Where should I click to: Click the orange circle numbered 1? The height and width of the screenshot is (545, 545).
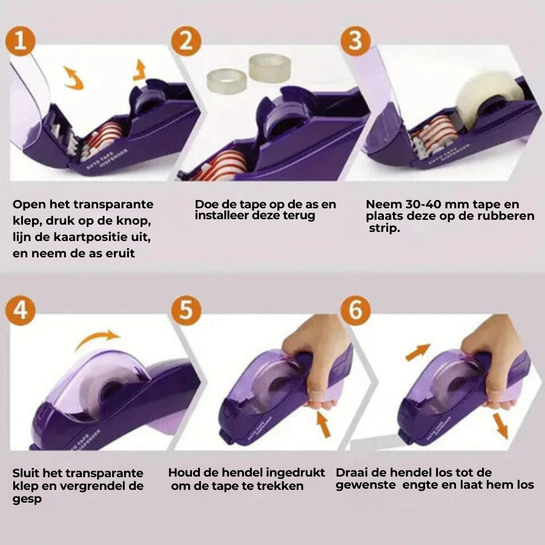21,41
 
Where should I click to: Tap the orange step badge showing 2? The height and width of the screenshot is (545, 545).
187,41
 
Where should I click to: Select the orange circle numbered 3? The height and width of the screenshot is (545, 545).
355,41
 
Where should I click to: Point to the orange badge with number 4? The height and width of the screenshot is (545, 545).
21,310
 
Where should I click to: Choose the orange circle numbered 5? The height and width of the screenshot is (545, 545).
187,310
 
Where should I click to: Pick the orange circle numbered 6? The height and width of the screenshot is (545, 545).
355,310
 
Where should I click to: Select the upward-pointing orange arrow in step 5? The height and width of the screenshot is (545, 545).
323,423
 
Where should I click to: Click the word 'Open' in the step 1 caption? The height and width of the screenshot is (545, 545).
29,205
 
